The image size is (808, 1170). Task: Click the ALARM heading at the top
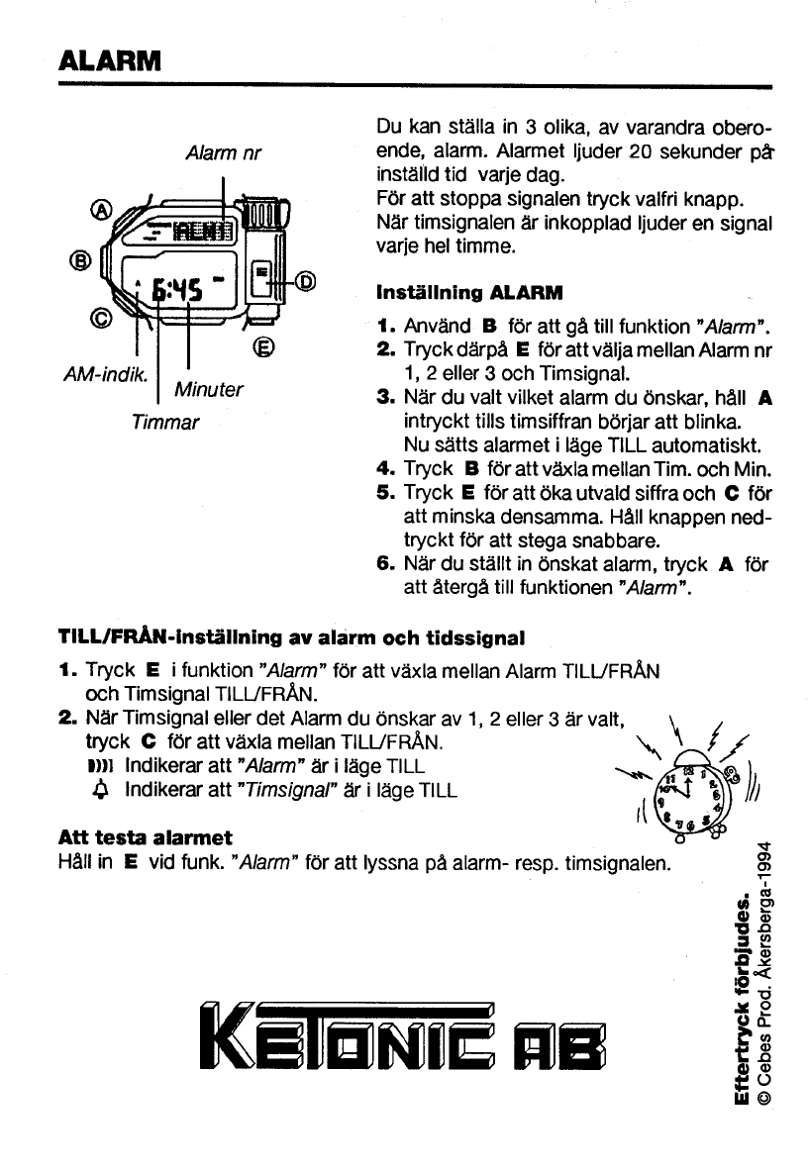(110, 59)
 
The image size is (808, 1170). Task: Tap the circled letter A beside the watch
(101, 211)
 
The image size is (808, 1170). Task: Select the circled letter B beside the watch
(80, 260)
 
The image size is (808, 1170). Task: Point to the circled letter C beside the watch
(101, 319)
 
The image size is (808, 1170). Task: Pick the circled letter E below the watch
(262, 347)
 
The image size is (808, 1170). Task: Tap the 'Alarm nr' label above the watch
(223, 153)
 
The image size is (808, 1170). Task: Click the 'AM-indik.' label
(105, 374)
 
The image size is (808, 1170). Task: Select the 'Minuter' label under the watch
(208, 389)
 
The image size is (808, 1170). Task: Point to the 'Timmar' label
(165, 423)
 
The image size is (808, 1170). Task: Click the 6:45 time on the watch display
(177, 288)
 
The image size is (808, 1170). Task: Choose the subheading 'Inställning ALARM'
(469, 293)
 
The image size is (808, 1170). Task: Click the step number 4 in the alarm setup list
(384, 469)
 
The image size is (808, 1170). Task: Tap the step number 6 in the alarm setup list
(384, 564)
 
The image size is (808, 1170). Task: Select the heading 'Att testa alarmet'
(146, 837)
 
